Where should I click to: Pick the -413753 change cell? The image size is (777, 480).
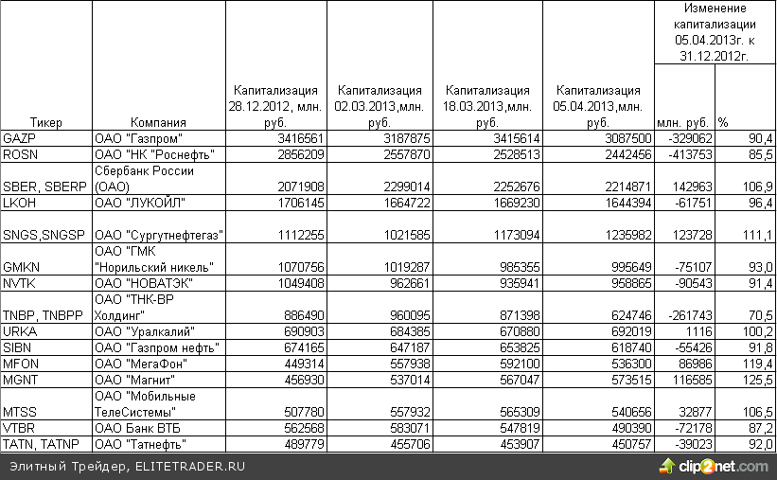pyautogui.click(x=687, y=154)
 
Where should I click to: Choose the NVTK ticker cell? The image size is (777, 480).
pyautogui.click(x=19, y=283)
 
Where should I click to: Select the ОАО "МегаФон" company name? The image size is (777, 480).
pyautogui.click(x=140, y=364)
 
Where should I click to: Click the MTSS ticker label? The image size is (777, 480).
pyautogui.click(x=20, y=412)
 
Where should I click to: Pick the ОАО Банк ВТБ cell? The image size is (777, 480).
pyautogui.click(x=136, y=428)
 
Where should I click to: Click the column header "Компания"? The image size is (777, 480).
pyautogui.click(x=158, y=122)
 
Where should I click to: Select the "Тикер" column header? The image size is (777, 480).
pyautogui.click(x=45, y=122)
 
